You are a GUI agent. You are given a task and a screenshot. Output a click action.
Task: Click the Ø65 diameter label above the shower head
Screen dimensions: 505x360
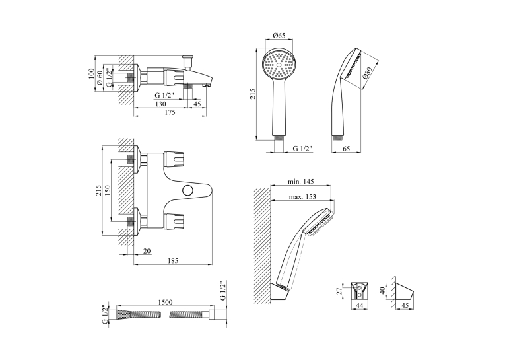(x=279, y=36)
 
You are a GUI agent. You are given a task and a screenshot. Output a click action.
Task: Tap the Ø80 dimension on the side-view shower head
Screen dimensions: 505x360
(x=367, y=73)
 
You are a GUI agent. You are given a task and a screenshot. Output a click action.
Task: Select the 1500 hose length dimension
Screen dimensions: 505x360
(x=165, y=302)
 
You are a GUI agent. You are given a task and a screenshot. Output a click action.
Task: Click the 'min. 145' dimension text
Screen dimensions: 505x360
(x=300, y=182)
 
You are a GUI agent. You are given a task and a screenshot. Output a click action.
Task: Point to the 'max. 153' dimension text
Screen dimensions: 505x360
(x=302, y=196)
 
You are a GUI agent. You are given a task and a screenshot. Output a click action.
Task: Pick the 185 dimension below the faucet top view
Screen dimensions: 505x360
(x=173, y=261)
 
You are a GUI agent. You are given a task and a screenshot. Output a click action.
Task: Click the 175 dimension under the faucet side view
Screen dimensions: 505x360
(x=170, y=112)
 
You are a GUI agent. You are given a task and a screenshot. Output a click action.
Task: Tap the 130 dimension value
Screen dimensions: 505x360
(x=160, y=104)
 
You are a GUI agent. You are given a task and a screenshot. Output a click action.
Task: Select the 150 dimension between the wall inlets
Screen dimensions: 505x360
(x=108, y=190)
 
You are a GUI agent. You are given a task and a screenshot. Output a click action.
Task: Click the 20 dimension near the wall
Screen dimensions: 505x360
(x=147, y=251)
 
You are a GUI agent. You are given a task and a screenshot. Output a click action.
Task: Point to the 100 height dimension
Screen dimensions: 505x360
(x=92, y=74)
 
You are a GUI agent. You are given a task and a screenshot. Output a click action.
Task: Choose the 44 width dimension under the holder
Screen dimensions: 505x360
(x=359, y=305)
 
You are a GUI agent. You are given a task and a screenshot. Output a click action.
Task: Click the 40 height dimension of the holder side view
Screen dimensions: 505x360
(x=383, y=291)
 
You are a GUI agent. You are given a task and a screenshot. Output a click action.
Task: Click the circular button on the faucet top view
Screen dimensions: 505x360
(x=187, y=190)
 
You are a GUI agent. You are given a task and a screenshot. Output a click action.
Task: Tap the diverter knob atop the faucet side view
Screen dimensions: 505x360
(x=187, y=62)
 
